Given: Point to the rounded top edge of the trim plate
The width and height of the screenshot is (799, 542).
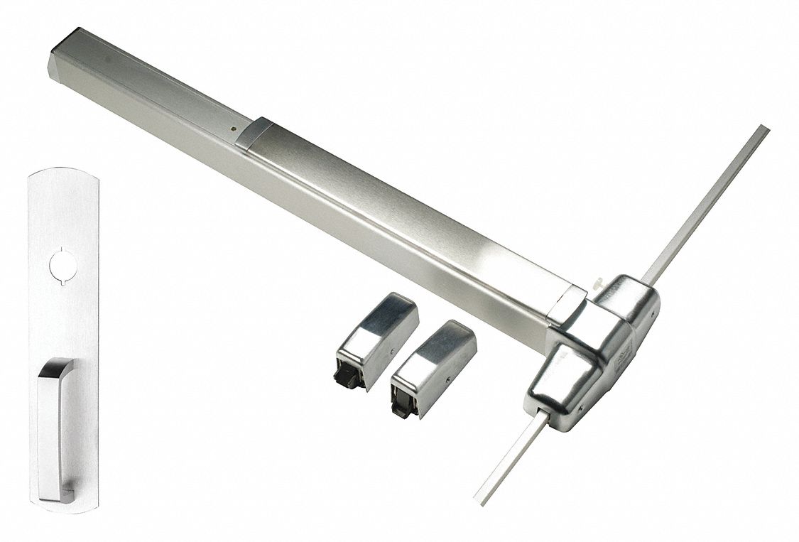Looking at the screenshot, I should (x=62, y=170).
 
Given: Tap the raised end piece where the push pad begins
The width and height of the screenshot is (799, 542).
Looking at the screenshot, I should (x=253, y=133).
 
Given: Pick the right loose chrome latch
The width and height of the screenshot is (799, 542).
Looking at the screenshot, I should (x=433, y=366).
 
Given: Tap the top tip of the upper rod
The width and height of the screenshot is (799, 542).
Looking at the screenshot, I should (x=764, y=129).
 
